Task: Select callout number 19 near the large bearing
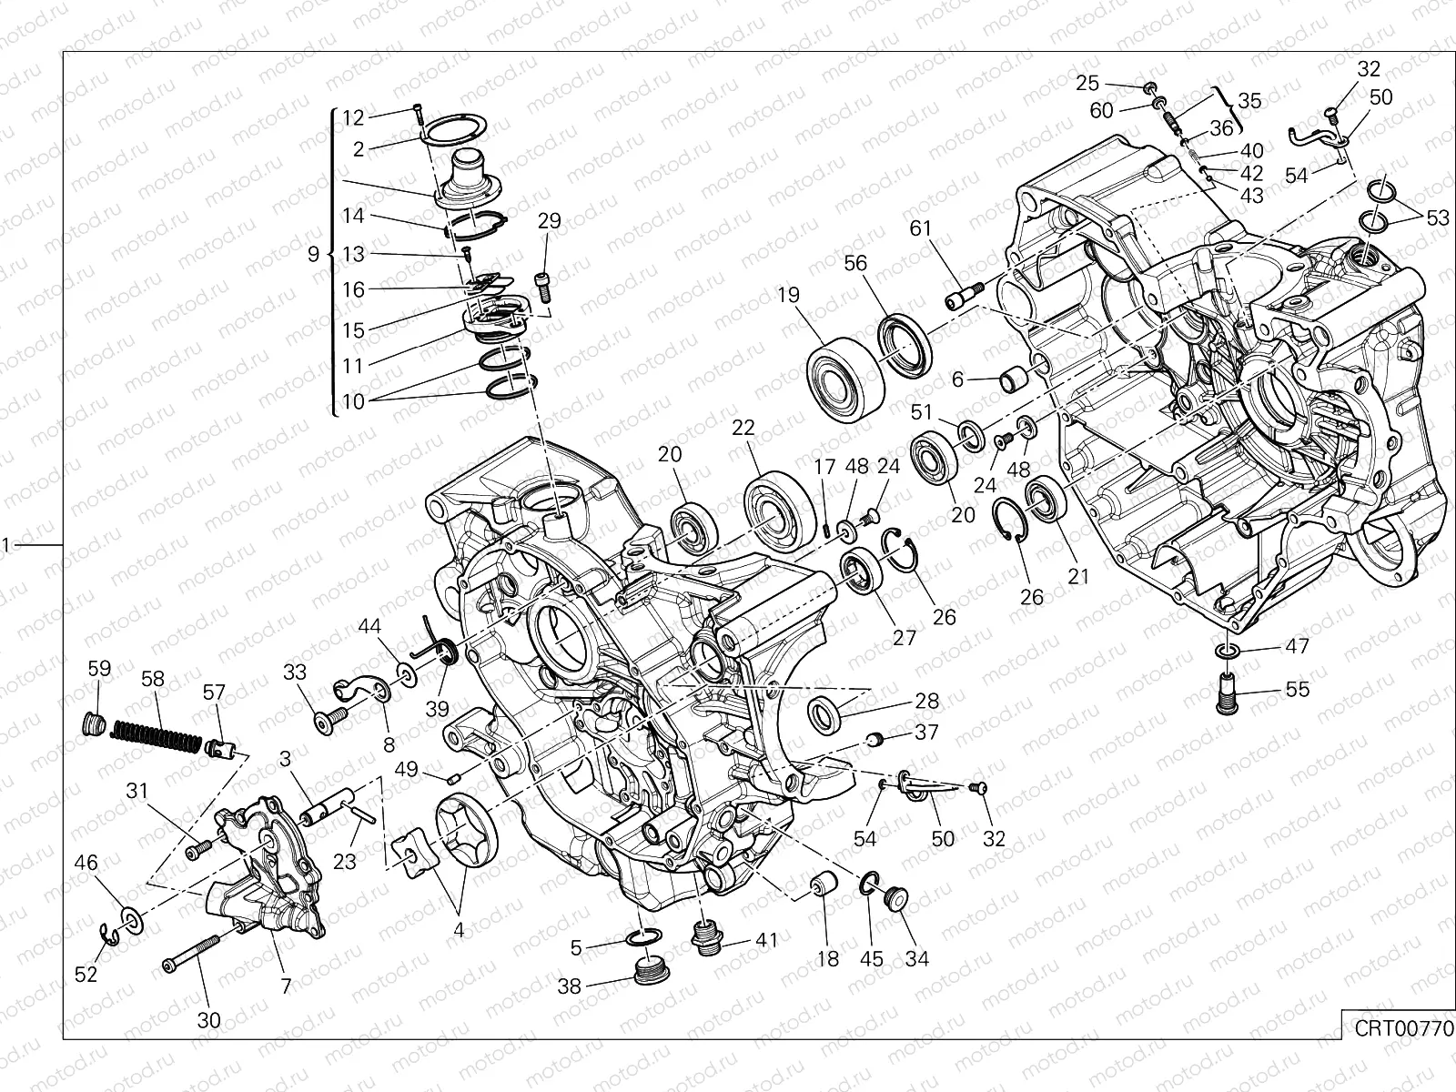788,296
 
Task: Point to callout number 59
99,670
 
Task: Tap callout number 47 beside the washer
1297,647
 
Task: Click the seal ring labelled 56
905,344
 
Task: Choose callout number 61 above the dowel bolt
921,227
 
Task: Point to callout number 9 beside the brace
313,255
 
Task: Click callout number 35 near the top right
1249,101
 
